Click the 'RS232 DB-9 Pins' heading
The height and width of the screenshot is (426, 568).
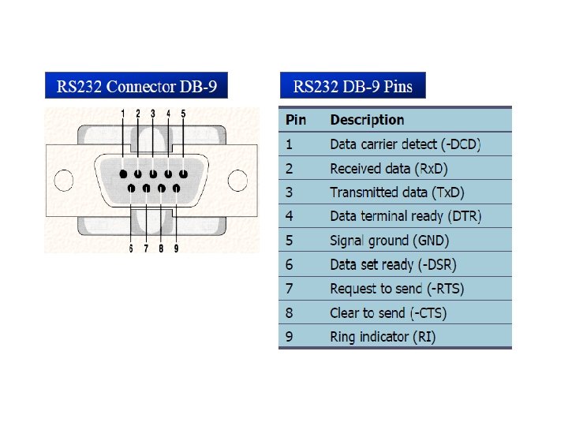(353, 86)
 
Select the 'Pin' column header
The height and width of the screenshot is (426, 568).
(296, 120)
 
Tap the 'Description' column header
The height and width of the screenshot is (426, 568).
(367, 120)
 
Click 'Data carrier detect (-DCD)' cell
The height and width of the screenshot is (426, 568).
(405, 144)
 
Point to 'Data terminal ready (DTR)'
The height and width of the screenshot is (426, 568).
(405, 216)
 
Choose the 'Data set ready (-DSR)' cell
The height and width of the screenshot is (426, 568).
(393, 264)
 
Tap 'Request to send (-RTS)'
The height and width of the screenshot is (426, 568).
(397, 289)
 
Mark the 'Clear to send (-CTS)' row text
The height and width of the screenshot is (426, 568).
(388, 312)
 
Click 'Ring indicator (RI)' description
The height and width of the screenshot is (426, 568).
(383, 337)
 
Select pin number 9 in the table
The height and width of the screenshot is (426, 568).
(290, 337)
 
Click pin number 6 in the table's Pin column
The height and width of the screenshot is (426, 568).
(290, 264)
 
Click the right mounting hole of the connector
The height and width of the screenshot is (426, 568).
(237, 181)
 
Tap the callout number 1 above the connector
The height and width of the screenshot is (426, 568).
(123, 114)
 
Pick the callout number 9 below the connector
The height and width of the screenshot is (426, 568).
(176, 248)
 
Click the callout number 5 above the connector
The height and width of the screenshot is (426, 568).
(183, 114)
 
